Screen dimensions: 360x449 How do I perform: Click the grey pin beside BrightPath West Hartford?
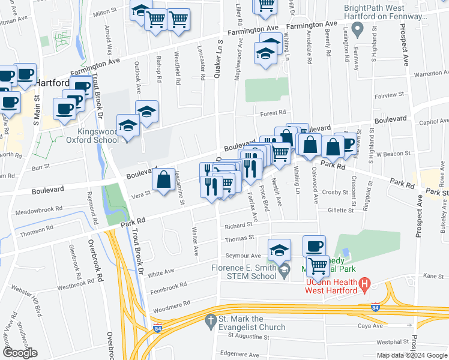tap(358, 28)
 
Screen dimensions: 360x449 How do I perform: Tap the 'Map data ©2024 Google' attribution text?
tap(411, 355)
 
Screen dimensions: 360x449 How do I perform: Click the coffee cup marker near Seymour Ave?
tap(314, 247)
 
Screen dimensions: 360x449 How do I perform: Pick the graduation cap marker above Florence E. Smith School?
tap(279, 250)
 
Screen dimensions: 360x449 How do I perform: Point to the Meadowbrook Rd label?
tap(39, 210)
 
